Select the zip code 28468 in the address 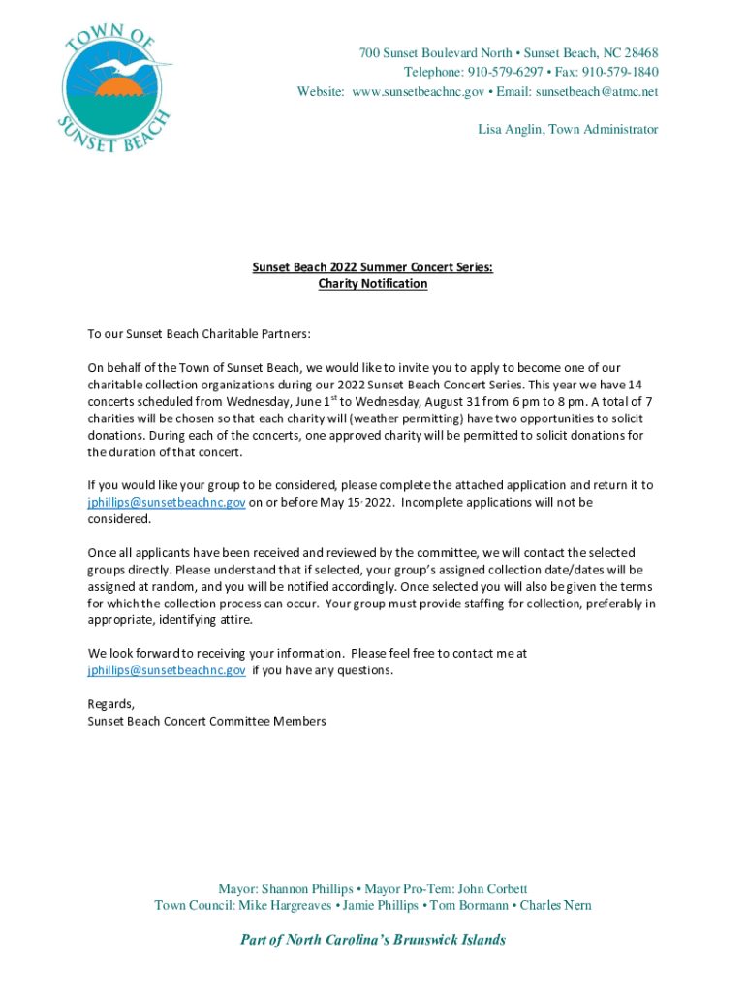click(x=639, y=52)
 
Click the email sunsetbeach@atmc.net click(x=597, y=91)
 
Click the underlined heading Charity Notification click(x=373, y=284)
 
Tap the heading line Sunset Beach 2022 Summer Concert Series click(x=373, y=266)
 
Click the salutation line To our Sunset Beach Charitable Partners click(x=200, y=334)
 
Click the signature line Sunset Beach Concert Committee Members click(x=206, y=721)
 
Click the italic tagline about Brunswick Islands click(x=373, y=940)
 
